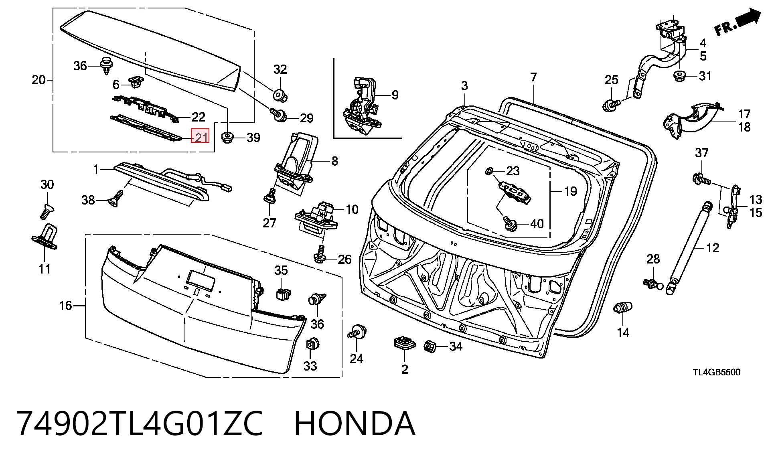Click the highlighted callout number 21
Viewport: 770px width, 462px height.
click(201, 138)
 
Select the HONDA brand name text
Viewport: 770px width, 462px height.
click(355, 423)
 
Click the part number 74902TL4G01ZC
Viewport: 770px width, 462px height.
click(140, 423)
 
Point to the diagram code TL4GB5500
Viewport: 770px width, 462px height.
click(717, 372)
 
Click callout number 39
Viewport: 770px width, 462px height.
click(253, 138)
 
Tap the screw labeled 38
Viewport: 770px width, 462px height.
click(115, 198)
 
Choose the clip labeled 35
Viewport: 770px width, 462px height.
click(283, 294)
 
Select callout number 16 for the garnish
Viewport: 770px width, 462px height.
click(65, 306)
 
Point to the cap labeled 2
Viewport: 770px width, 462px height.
click(404, 344)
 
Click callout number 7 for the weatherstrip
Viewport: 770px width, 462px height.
click(533, 77)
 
